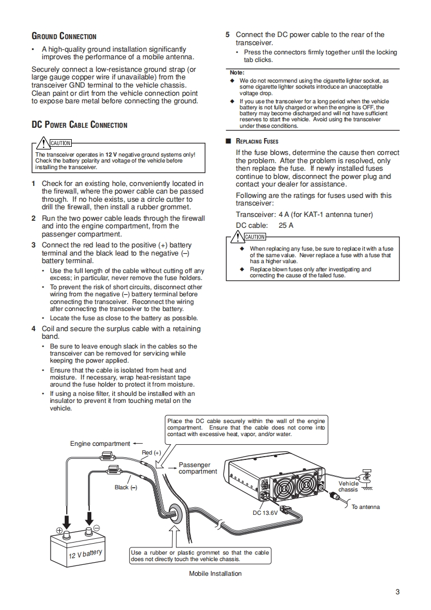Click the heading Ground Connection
pos(64,36)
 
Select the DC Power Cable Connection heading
pos(79,125)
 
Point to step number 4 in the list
pos(34,329)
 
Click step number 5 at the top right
pos(228,35)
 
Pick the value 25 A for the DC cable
pos(286,225)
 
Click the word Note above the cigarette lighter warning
pos(237,72)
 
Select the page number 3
pos(397,592)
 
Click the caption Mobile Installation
pos(215,574)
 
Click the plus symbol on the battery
pos(60,531)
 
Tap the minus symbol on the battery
pos(96,528)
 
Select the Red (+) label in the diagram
pos(151,452)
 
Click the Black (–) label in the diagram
pos(126,487)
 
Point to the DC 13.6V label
pos(265,513)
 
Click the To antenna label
pos(365,507)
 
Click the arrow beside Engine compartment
pos(138,443)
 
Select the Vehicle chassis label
pos(348,486)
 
